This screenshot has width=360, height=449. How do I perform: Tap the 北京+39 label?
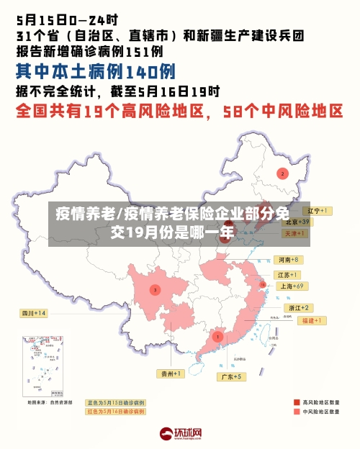pyautogui.click(x=295, y=222)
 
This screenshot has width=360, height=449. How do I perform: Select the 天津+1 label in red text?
pyautogui.click(x=294, y=234)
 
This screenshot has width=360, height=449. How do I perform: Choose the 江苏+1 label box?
pyautogui.click(x=287, y=275)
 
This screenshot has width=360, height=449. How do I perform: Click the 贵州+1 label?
pyautogui.click(x=172, y=373)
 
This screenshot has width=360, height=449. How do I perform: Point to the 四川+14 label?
pyautogui.click(x=33, y=314)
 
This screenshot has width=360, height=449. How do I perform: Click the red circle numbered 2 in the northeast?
pyautogui.click(x=282, y=173)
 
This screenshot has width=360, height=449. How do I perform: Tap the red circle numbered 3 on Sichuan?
pyautogui.click(x=154, y=289)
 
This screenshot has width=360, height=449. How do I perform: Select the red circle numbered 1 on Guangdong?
pyautogui.click(x=217, y=336)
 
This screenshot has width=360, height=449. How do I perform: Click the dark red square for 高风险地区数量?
pyautogui.click(x=297, y=402)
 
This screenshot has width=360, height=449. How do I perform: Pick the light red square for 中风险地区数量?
pyautogui.click(x=297, y=412)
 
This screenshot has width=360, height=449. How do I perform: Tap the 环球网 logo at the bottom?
pyautogui.click(x=180, y=435)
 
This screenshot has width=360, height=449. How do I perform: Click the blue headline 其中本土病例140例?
pyautogui.click(x=95, y=71)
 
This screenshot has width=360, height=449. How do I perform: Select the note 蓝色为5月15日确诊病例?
pyautogui.click(x=115, y=402)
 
